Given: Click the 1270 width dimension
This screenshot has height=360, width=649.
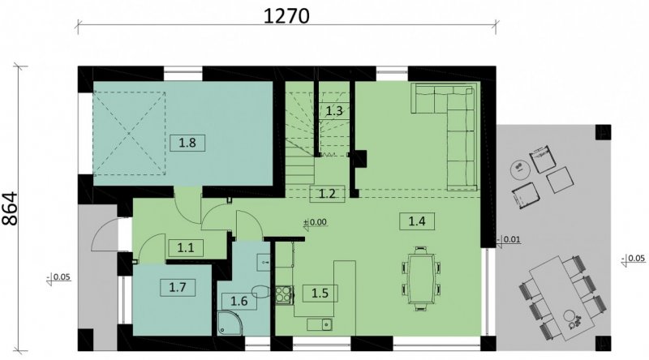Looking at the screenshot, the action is [286, 15].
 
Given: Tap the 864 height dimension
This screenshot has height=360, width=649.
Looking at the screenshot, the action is [10, 208].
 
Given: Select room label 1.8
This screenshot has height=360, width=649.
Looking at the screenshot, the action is [187, 143].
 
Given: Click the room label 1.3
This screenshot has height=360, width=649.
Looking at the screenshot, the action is [334, 111].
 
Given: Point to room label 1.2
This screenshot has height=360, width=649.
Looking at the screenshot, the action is [327, 194].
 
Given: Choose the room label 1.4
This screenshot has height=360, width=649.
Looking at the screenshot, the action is [417, 221].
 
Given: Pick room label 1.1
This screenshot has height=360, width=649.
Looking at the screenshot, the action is [186, 248].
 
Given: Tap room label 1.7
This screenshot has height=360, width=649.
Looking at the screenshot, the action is [178, 287].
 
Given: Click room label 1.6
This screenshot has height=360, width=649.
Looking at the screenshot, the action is [239, 301].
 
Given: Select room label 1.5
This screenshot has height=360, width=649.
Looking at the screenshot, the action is [320, 294].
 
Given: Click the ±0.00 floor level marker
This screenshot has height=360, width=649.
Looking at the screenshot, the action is [316, 222].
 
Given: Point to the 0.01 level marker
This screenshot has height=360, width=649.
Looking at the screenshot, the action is [509, 240].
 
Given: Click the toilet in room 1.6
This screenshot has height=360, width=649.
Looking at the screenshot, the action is [260, 291].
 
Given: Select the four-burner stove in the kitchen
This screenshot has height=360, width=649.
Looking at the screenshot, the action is [285, 295].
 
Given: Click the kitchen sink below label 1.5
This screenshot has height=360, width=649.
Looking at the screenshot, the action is [320, 324].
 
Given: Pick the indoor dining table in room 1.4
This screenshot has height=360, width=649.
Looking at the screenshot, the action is [420, 278].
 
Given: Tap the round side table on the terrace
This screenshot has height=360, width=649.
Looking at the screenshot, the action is [518, 170].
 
